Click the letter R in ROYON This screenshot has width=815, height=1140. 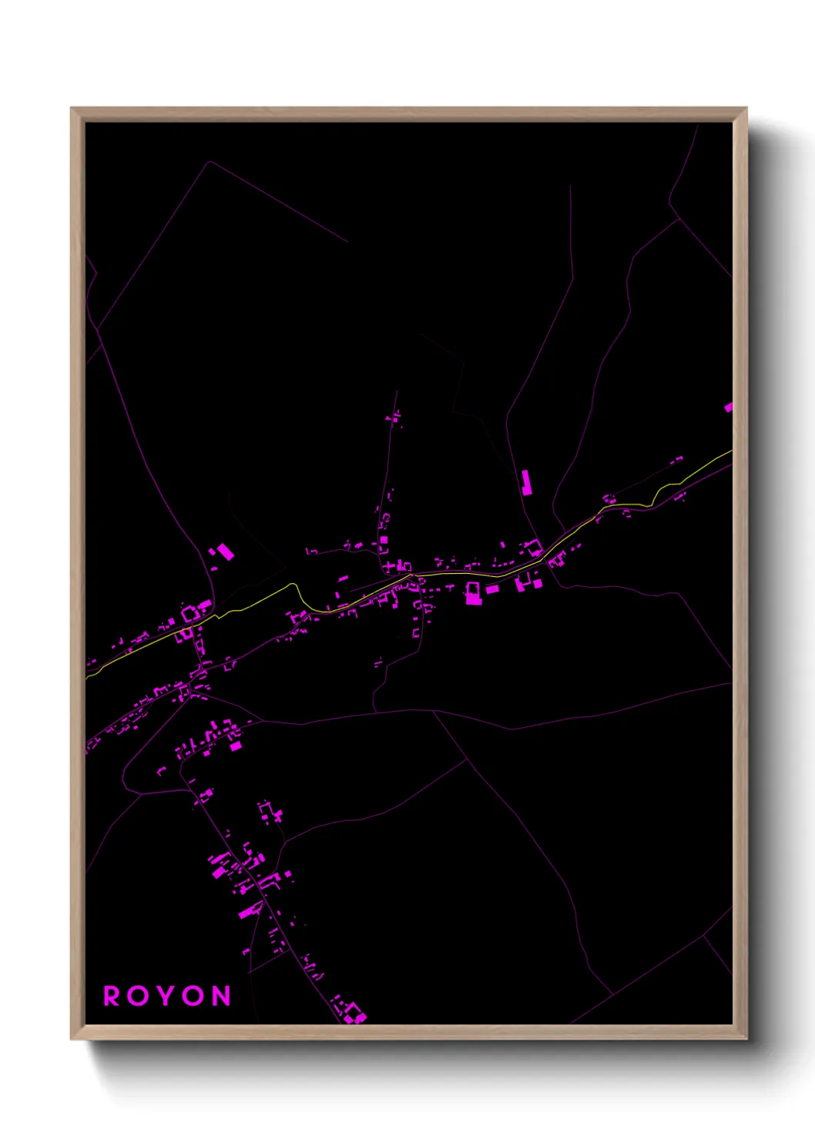tap(112, 996)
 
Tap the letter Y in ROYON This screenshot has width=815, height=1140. tap(166, 996)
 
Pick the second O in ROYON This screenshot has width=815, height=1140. tap(194, 996)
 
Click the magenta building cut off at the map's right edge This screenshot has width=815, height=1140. tap(728, 407)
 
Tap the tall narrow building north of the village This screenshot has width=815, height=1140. tap(526, 482)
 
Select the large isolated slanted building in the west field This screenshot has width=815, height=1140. tap(225, 552)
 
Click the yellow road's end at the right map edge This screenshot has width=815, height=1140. tap(730, 451)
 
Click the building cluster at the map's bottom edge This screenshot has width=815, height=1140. tap(354, 1012)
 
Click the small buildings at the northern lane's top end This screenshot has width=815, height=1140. tap(394, 417)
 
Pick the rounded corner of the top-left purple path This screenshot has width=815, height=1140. tap(208, 163)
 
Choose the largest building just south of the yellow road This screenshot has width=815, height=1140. tap(473, 593)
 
